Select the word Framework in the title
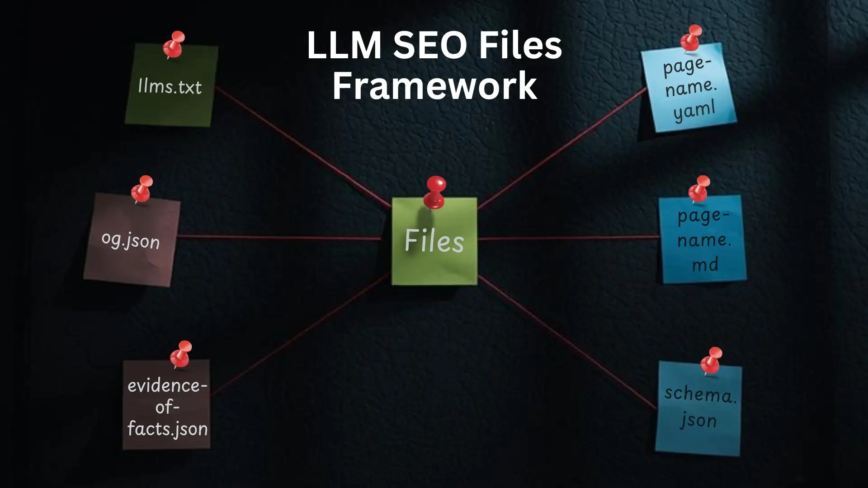pos(434,86)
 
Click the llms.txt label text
pos(170,86)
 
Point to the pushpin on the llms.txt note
pos(174,43)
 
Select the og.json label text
pos(131,240)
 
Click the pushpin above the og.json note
pos(142,188)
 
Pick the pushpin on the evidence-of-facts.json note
pos(181,353)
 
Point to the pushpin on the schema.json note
pos(712,360)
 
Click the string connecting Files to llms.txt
pos(303,148)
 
